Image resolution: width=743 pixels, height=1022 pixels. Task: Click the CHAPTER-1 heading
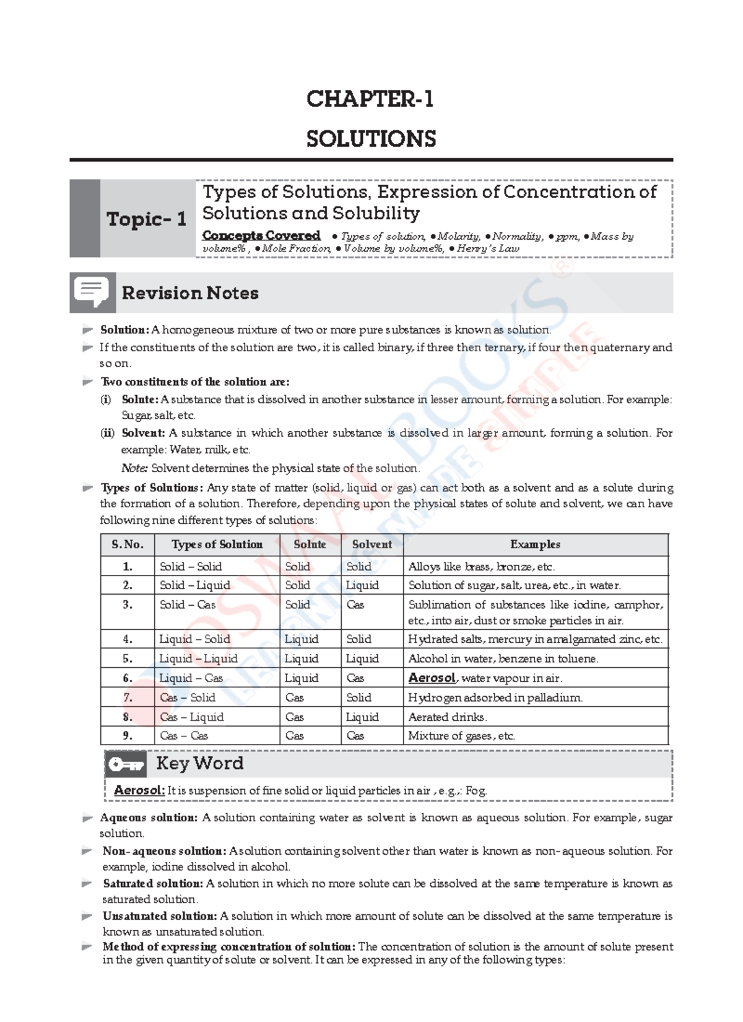click(x=370, y=99)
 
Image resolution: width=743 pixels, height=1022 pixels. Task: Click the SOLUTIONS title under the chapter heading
click(x=371, y=139)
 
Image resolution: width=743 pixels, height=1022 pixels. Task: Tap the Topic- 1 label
click(x=147, y=219)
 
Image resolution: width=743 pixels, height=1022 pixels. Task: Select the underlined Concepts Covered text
click(x=261, y=235)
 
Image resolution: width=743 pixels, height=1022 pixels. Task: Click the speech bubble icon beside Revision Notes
click(x=92, y=292)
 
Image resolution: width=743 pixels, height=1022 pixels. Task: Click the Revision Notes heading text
click(x=190, y=293)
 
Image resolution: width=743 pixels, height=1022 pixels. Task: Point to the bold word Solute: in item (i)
click(x=140, y=400)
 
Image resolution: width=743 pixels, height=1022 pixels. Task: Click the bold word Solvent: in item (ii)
click(x=143, y=433)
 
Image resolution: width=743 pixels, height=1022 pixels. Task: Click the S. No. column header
click(x=128, y=544)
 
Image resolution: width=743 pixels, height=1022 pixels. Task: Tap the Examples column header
click(x=535, y=544)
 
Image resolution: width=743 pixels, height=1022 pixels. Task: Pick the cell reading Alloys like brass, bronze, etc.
click(x=481, y=567)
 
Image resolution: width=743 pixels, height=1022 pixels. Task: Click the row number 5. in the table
click(x=128, y=658)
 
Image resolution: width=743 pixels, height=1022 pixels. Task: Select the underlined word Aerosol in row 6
click(x=432, y=678)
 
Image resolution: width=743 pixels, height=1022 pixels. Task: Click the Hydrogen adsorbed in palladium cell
click(x=495, y=697)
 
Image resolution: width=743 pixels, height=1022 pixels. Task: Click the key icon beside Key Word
click(x=126, y=765)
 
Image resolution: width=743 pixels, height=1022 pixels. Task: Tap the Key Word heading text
click(x=199, y=763)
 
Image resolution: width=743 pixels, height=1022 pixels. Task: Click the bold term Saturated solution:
click(x=153, y=883)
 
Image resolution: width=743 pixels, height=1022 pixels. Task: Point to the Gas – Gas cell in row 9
click(x=184, y=736)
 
